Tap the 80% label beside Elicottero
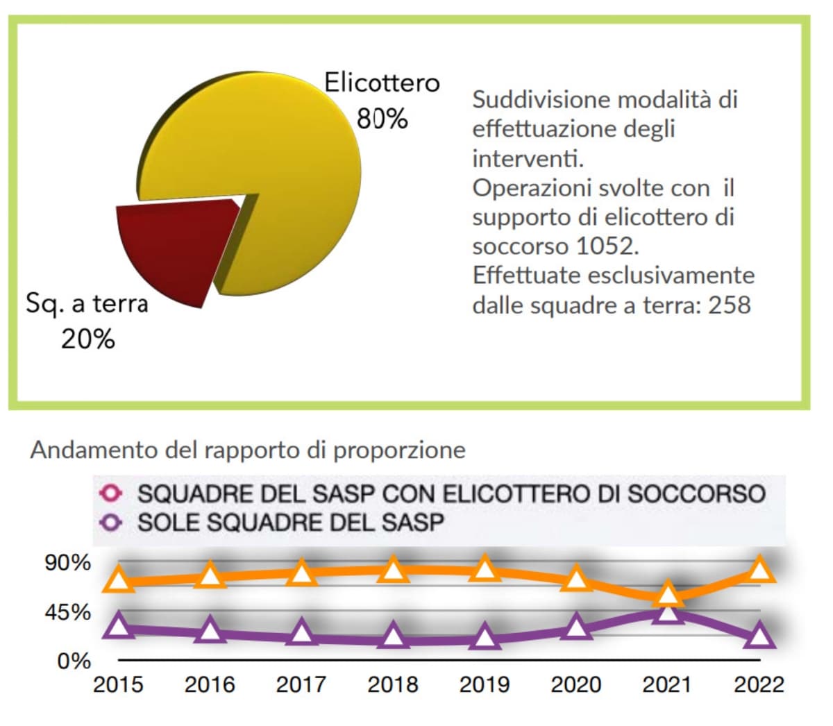(382, 119)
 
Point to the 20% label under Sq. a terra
(87, 339)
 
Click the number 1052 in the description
(606, 246)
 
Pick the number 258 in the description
(729, 305)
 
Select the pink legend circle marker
(112, 493)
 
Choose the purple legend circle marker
(112, 521)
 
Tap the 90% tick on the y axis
(68, 563)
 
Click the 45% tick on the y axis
(68, 612)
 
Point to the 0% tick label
(74, 661)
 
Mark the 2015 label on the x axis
(118, 685)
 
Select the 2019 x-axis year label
(484, 685)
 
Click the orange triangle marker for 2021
(667, 594)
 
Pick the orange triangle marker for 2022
(759, 569)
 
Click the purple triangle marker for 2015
(119, 626)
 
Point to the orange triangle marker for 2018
(394, 570)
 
